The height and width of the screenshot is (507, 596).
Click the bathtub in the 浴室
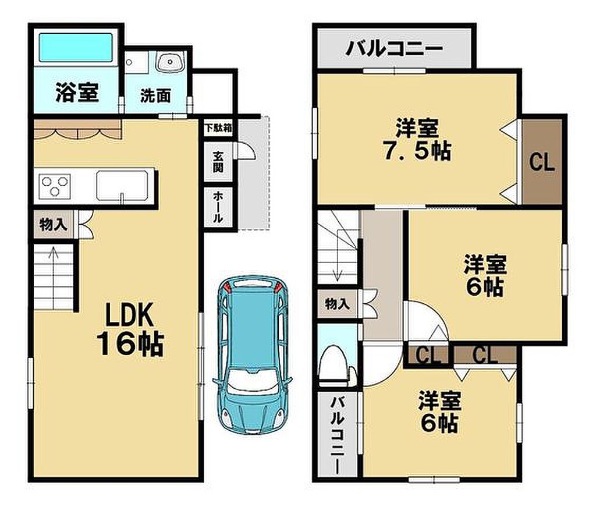tap(76, 47)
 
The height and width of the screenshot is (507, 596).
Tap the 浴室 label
tap(77, 93)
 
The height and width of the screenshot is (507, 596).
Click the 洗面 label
tap(155, 95)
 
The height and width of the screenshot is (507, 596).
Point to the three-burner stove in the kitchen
tap(55, 187)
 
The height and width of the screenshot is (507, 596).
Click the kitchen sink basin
tap(122, 185)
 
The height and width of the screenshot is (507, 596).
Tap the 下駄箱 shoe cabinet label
tap(218, 127)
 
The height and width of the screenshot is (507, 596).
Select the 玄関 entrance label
tap(218, 161)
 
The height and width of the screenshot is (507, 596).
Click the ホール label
tap(218, 207)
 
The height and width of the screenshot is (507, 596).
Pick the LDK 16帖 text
tap(130, 329)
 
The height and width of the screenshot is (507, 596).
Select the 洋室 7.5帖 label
tap(417, 139)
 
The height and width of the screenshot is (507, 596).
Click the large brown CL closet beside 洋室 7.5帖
tap(542, 161)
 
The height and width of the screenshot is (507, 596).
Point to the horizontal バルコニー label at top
tap(395, 49)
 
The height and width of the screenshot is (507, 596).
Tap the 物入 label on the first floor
tap(53, 225)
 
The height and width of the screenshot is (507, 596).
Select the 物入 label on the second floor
tap(337, 304)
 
